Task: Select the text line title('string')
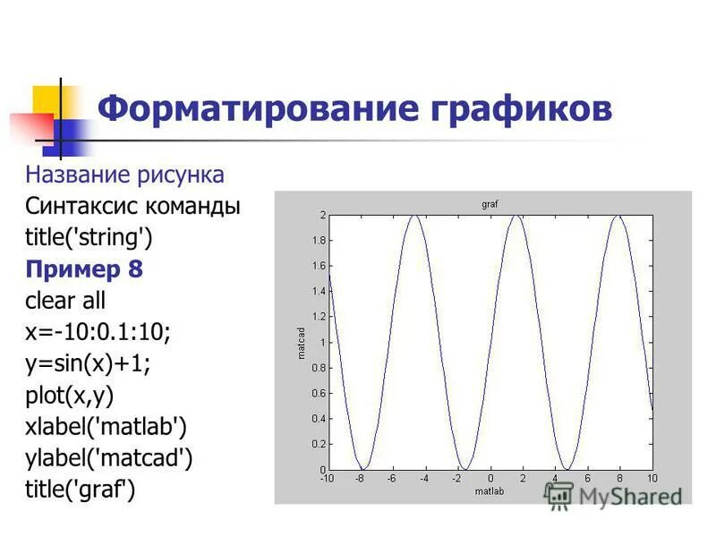click(x=89, y=237)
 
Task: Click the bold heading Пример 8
click(x=84, y=268)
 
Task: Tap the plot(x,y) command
click(x=70, y=395)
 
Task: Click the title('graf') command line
click(x=81, y=490)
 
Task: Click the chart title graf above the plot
click(x=490, y=205)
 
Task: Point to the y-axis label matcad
click(x=302, y=343)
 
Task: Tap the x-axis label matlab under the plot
click(x=490, y=491)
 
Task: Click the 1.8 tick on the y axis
click(x=320, y=241)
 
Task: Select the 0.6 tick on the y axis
click(x=320, y=393)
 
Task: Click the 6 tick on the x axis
click(x=587, y=479)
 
